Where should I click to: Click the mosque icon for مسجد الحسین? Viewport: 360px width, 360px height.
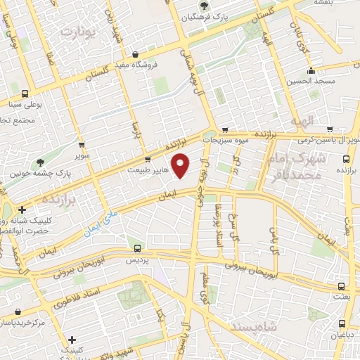tap(310, 70)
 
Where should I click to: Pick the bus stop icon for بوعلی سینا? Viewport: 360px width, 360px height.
tap(26, 94)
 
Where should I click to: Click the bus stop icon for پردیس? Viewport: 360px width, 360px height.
tap(137, 248)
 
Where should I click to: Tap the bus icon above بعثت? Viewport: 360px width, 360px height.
tap(342, 286)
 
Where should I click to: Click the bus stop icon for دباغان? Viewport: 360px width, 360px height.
tap(342, 324)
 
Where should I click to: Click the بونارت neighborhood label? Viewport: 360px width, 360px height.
tap(77, 31)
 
